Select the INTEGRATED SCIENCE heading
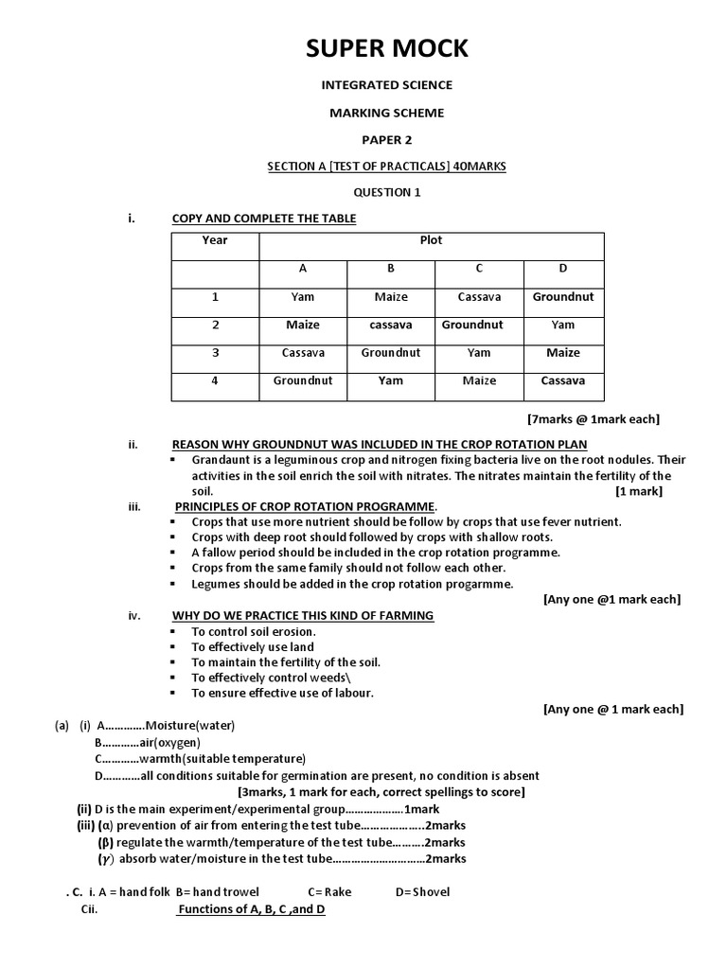click(x=386, y=85)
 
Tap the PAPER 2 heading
click(x=386, y=139)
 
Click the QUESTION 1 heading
click(x=386, y=193)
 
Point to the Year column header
click(x=215, y=240)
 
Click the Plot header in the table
click(x=431, y=240)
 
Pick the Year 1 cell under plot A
click(x=303, y=297)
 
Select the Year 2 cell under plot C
click(x=479, y=325)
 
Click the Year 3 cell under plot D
click(x=562, y=353)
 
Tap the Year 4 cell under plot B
click(x=390, y=381)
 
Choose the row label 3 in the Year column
click(x=215, y=353)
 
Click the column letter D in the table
click(x=562, y=269)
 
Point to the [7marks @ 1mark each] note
click(x=594, y=418)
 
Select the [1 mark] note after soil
click(x=639, y=491)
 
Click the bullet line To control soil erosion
click(x=254, y=631)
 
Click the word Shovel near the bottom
click(x=432, y=891)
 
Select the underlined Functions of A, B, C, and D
click(x=252, y=909)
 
